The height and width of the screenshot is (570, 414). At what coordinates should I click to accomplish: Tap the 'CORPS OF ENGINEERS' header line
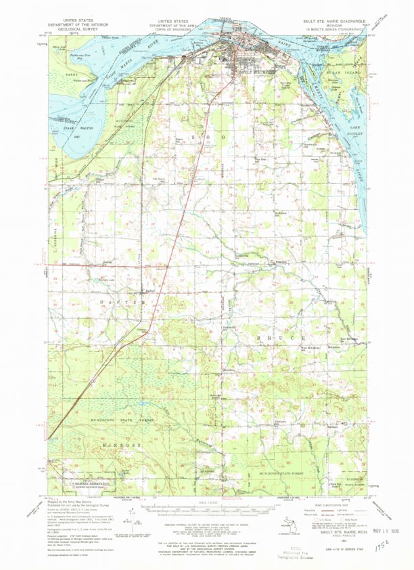[x=180, y=30]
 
